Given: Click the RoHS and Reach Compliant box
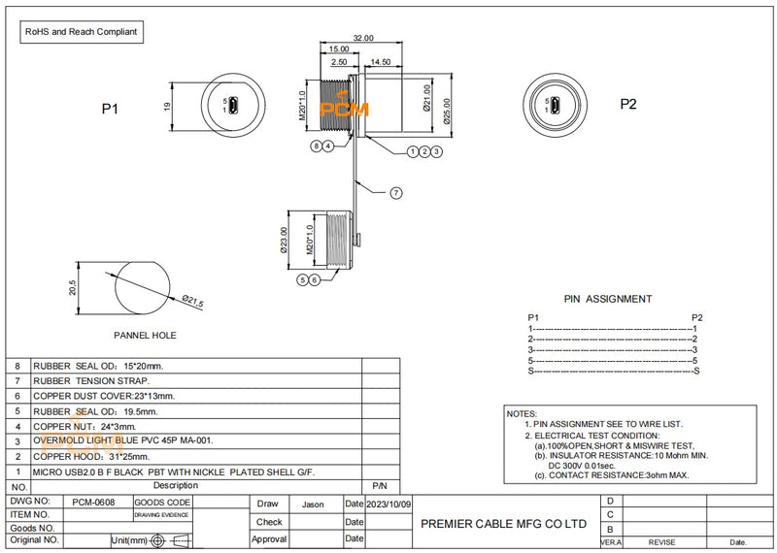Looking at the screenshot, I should point(82,32).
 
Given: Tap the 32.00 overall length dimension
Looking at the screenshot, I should point(362,38).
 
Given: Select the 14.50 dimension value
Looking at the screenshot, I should point(381,61).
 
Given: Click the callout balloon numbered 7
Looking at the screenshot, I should point(396,193).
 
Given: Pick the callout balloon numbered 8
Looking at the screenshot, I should point(317,146).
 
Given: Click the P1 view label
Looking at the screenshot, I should point(110,109).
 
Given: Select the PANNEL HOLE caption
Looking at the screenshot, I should point(146,336).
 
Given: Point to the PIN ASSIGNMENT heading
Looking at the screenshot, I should point(608,299).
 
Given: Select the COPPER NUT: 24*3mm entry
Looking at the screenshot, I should point(84,425).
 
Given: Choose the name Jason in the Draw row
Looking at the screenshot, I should point(313,504).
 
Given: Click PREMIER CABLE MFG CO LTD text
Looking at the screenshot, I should point(503,523).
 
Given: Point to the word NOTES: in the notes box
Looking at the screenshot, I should point(523,413).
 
